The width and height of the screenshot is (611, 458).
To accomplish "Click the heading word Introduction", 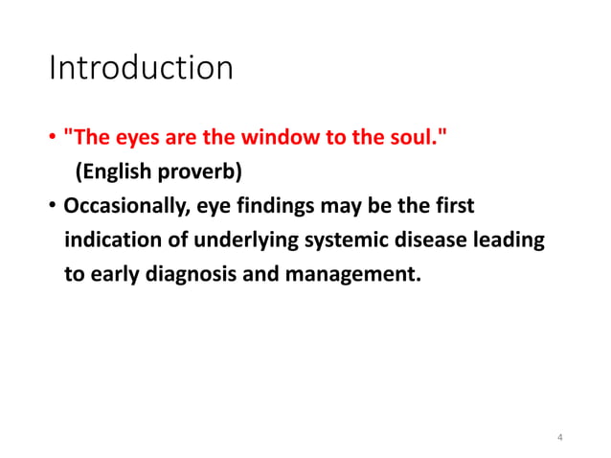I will pyautogui.click(x=141, y=69).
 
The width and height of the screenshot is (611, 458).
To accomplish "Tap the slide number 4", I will pyautogui.click(x=559, y=438).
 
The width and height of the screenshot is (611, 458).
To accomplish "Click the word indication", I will pyautogui.click(x=109, y=240).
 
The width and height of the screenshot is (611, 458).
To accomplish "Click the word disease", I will pyautogui.click(x=409, y=240).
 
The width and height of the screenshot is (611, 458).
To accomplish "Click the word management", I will pyautogui.click(x=342, y=274).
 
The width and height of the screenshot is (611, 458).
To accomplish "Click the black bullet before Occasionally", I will pyautogui.click(x=53, y=208).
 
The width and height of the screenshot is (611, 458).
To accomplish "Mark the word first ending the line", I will pyautogui.click(x=453, y=207).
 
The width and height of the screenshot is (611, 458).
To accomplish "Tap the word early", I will pyautogui.click(x=109, y=274).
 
